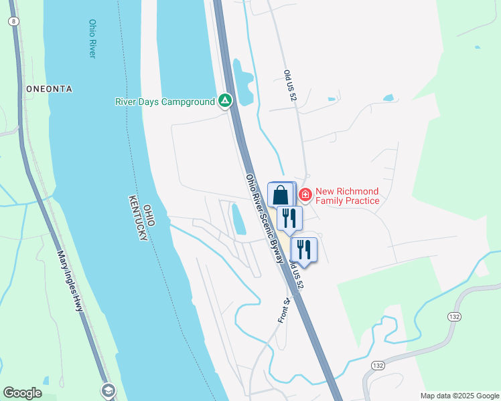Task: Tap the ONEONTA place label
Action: (48, 88)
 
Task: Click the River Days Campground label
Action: (165, 102)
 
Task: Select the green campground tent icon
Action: (226, 102)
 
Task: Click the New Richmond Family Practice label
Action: (347, 196)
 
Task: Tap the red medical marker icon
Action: (305, 195)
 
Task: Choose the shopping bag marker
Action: (281, 195)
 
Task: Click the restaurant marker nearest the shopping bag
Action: (289, 218)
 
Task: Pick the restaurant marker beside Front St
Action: (304, 250)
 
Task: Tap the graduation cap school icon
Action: (107, 390)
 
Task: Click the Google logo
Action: (22, 393)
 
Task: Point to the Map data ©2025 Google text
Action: (459, 396)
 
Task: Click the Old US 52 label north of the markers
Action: (290, 85)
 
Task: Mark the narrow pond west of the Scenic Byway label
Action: (238, 219)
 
